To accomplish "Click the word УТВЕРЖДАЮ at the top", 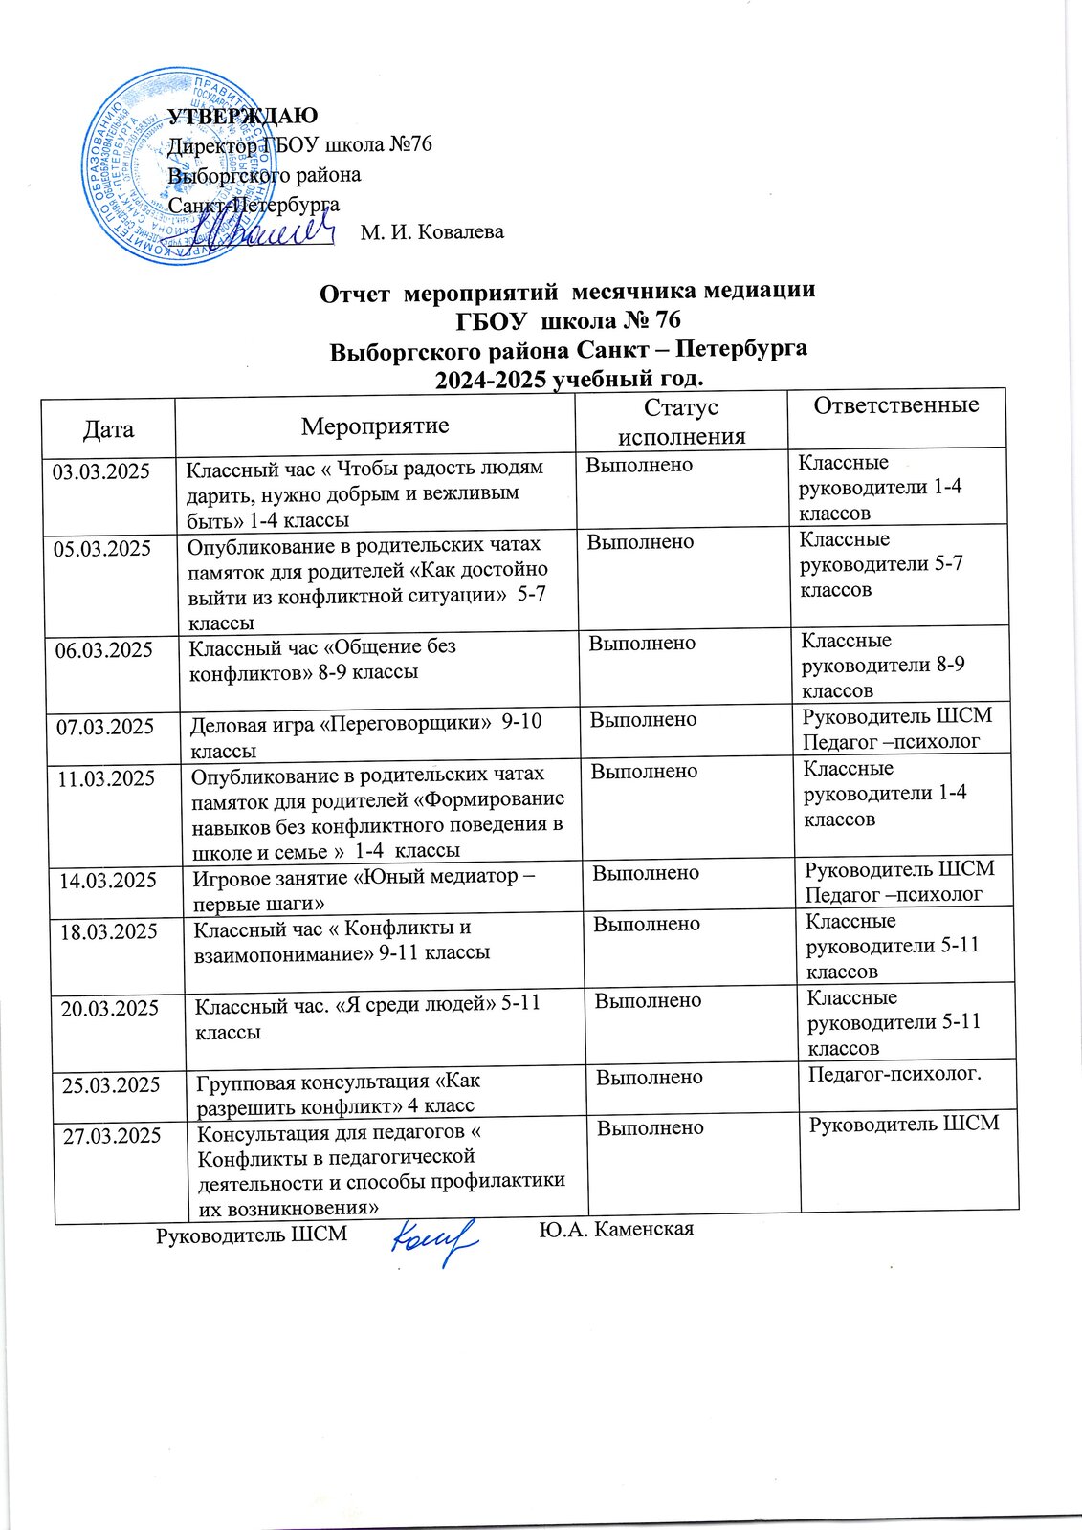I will click(243, 117).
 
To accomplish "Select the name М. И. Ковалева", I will click(432, 232).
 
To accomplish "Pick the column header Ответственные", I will click(896, 405).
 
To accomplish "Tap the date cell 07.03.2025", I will click(106, 727).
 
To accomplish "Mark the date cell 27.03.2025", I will click(111, 1136).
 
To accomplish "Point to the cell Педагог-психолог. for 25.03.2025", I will click(895, 1075).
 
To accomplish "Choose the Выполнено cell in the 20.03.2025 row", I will click(649, 1001).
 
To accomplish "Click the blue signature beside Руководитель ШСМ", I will click(435, 1240).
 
